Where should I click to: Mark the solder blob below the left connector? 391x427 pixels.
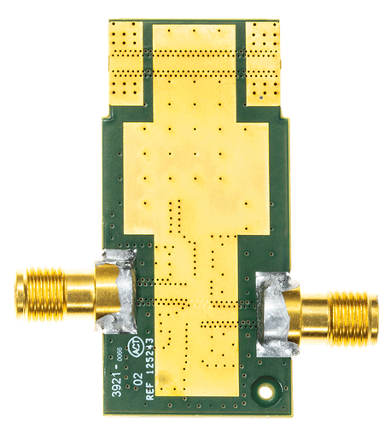point(118,325)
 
